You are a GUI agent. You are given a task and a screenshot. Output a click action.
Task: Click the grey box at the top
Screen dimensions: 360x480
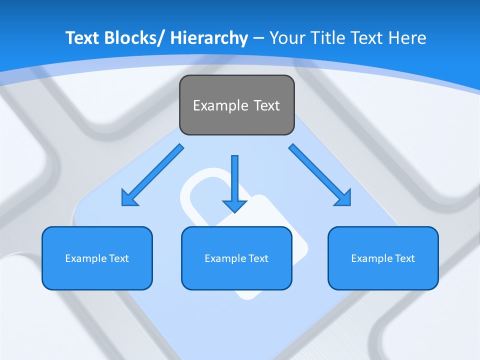click(236, 105)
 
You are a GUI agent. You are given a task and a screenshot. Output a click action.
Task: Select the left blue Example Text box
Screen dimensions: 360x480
click(97, 258)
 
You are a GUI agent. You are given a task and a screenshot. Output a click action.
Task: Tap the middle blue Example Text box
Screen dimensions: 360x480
click(236, 258)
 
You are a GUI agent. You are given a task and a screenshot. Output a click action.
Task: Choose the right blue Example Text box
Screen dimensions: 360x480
click(383, 258)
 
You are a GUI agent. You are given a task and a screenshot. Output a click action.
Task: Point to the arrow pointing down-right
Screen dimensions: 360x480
click(319, 175)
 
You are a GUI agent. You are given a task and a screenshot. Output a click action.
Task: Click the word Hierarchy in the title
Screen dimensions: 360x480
click(209, 38)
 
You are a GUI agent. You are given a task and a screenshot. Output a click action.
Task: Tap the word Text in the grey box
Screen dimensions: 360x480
click(267, 105)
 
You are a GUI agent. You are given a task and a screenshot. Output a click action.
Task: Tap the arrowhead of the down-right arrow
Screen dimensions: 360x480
click(343, 197)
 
